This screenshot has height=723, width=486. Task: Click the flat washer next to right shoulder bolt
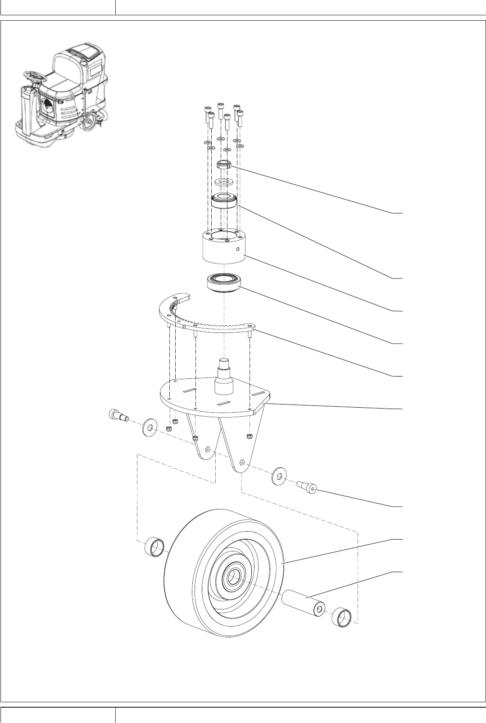click(x=279, y=477)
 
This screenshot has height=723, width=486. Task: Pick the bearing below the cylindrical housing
click(x=223, y=284)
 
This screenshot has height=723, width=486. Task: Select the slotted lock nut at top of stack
click(x=223, y=165)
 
